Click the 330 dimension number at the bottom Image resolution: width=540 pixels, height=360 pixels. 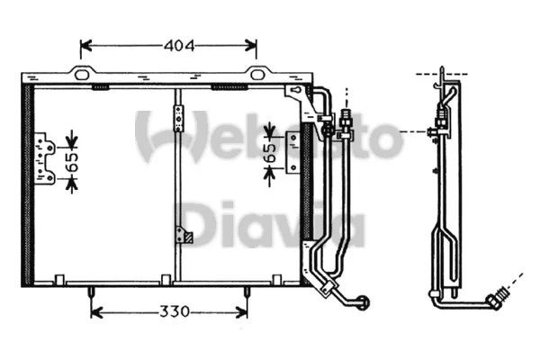(169, 312)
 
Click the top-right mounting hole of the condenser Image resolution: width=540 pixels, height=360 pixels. (256, 74)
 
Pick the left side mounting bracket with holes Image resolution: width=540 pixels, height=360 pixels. (44, 158)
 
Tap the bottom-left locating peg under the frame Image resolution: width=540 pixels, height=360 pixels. (92, 292)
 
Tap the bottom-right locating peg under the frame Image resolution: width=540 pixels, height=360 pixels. (247, 292)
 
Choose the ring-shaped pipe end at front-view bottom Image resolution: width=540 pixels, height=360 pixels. (361, 301)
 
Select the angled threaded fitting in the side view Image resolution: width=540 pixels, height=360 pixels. (497, 298)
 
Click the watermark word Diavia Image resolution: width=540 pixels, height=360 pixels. (270, 228)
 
